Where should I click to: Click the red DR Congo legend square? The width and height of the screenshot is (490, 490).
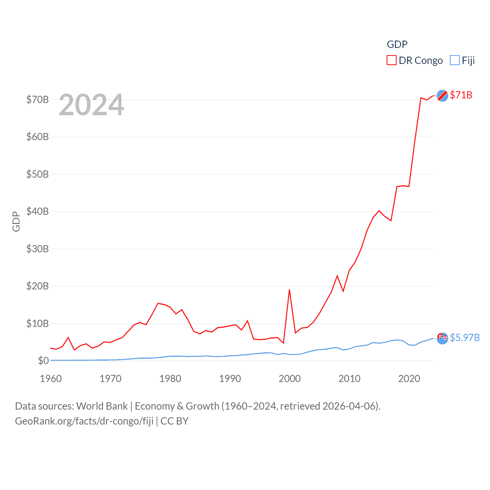[391, 60]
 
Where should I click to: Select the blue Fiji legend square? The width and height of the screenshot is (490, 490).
[454, 60]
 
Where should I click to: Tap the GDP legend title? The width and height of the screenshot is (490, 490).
[397, 44]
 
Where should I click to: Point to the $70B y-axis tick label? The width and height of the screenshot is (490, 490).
[38, 100]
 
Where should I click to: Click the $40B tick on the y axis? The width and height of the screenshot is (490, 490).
[38, 211]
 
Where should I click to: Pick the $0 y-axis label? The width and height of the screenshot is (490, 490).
[43, 361]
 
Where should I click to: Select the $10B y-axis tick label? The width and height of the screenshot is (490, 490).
[38, 323]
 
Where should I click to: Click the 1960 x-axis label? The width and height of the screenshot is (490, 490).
[51, 379]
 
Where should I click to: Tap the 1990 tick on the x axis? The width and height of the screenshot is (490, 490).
[230, 379]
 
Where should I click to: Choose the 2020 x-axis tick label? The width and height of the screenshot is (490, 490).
[409, 379]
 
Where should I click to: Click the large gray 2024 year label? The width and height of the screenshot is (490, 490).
[91, 105]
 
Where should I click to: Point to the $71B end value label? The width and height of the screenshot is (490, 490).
[461, 95]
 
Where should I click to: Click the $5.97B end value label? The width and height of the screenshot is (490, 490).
[465, 338]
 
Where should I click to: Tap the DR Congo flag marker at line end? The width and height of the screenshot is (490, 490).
[442, 96]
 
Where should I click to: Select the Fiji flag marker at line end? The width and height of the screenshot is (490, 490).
[442, 338]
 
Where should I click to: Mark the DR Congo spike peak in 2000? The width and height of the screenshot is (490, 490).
[289, 290]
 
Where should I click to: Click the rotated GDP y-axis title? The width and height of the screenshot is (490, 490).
[16, 221]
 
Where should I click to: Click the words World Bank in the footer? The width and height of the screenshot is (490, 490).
[102, 406]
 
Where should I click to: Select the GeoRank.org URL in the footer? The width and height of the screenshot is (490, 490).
[84, 421]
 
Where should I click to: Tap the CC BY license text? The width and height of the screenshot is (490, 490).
[175, 421]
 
